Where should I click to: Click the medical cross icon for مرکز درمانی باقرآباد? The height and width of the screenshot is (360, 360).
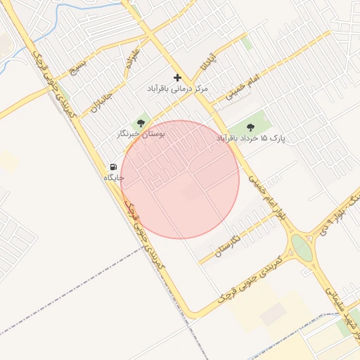coord(177,77)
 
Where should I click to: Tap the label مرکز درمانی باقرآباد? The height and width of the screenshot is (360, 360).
coord(177,89)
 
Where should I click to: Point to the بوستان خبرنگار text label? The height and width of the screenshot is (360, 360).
coord(141,133)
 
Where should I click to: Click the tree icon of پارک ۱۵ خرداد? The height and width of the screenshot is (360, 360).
coord(250,127)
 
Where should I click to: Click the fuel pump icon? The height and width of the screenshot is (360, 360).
coord(113,167)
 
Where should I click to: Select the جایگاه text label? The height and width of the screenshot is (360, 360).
coord(113,178)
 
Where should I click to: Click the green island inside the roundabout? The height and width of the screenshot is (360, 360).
coord(302,247)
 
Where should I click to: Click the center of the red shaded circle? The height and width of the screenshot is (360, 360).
coord(180,179)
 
